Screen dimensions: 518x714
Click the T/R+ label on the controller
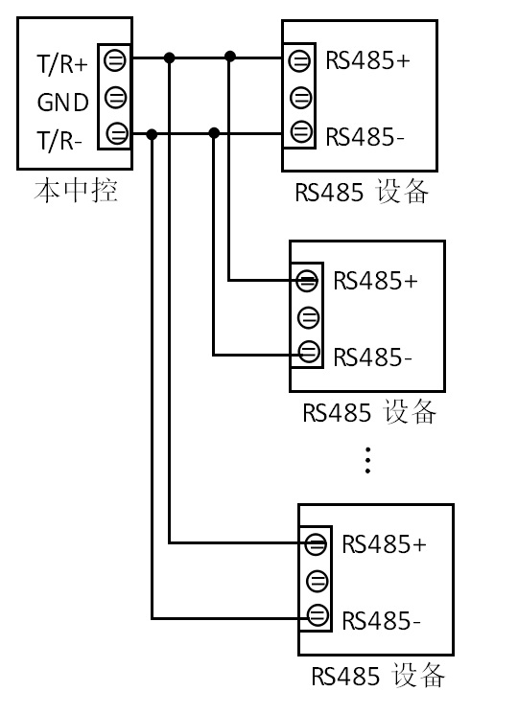click(62, 64)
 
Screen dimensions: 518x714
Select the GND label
click(63, 103)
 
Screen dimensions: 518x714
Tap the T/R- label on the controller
click(59, 140)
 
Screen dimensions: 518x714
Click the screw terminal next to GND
click(115, 97)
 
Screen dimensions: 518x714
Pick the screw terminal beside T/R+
click(114, 60)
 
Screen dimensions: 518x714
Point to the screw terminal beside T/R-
click(117, 133)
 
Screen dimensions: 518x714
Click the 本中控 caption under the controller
click(76, 191)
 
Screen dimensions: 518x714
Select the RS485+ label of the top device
click(367, 60)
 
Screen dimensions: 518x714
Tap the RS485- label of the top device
click(365, 137)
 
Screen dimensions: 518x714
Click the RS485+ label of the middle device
click(375, 281)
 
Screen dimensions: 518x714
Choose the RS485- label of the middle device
click(372, 357)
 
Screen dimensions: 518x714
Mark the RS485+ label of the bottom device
click(384, 544)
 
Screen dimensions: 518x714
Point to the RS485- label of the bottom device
click(382, 620)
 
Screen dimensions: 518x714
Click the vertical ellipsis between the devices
click(367, 460)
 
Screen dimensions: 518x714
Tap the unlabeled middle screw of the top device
click(300, 98)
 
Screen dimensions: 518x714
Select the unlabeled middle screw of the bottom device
click(318, 581)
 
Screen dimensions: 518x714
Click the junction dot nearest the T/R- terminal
click(153, 134)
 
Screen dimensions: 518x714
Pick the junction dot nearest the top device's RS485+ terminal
click(230, 57)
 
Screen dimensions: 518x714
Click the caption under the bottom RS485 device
click(378, 675)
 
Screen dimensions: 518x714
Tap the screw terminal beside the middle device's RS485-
click(309, 352)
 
